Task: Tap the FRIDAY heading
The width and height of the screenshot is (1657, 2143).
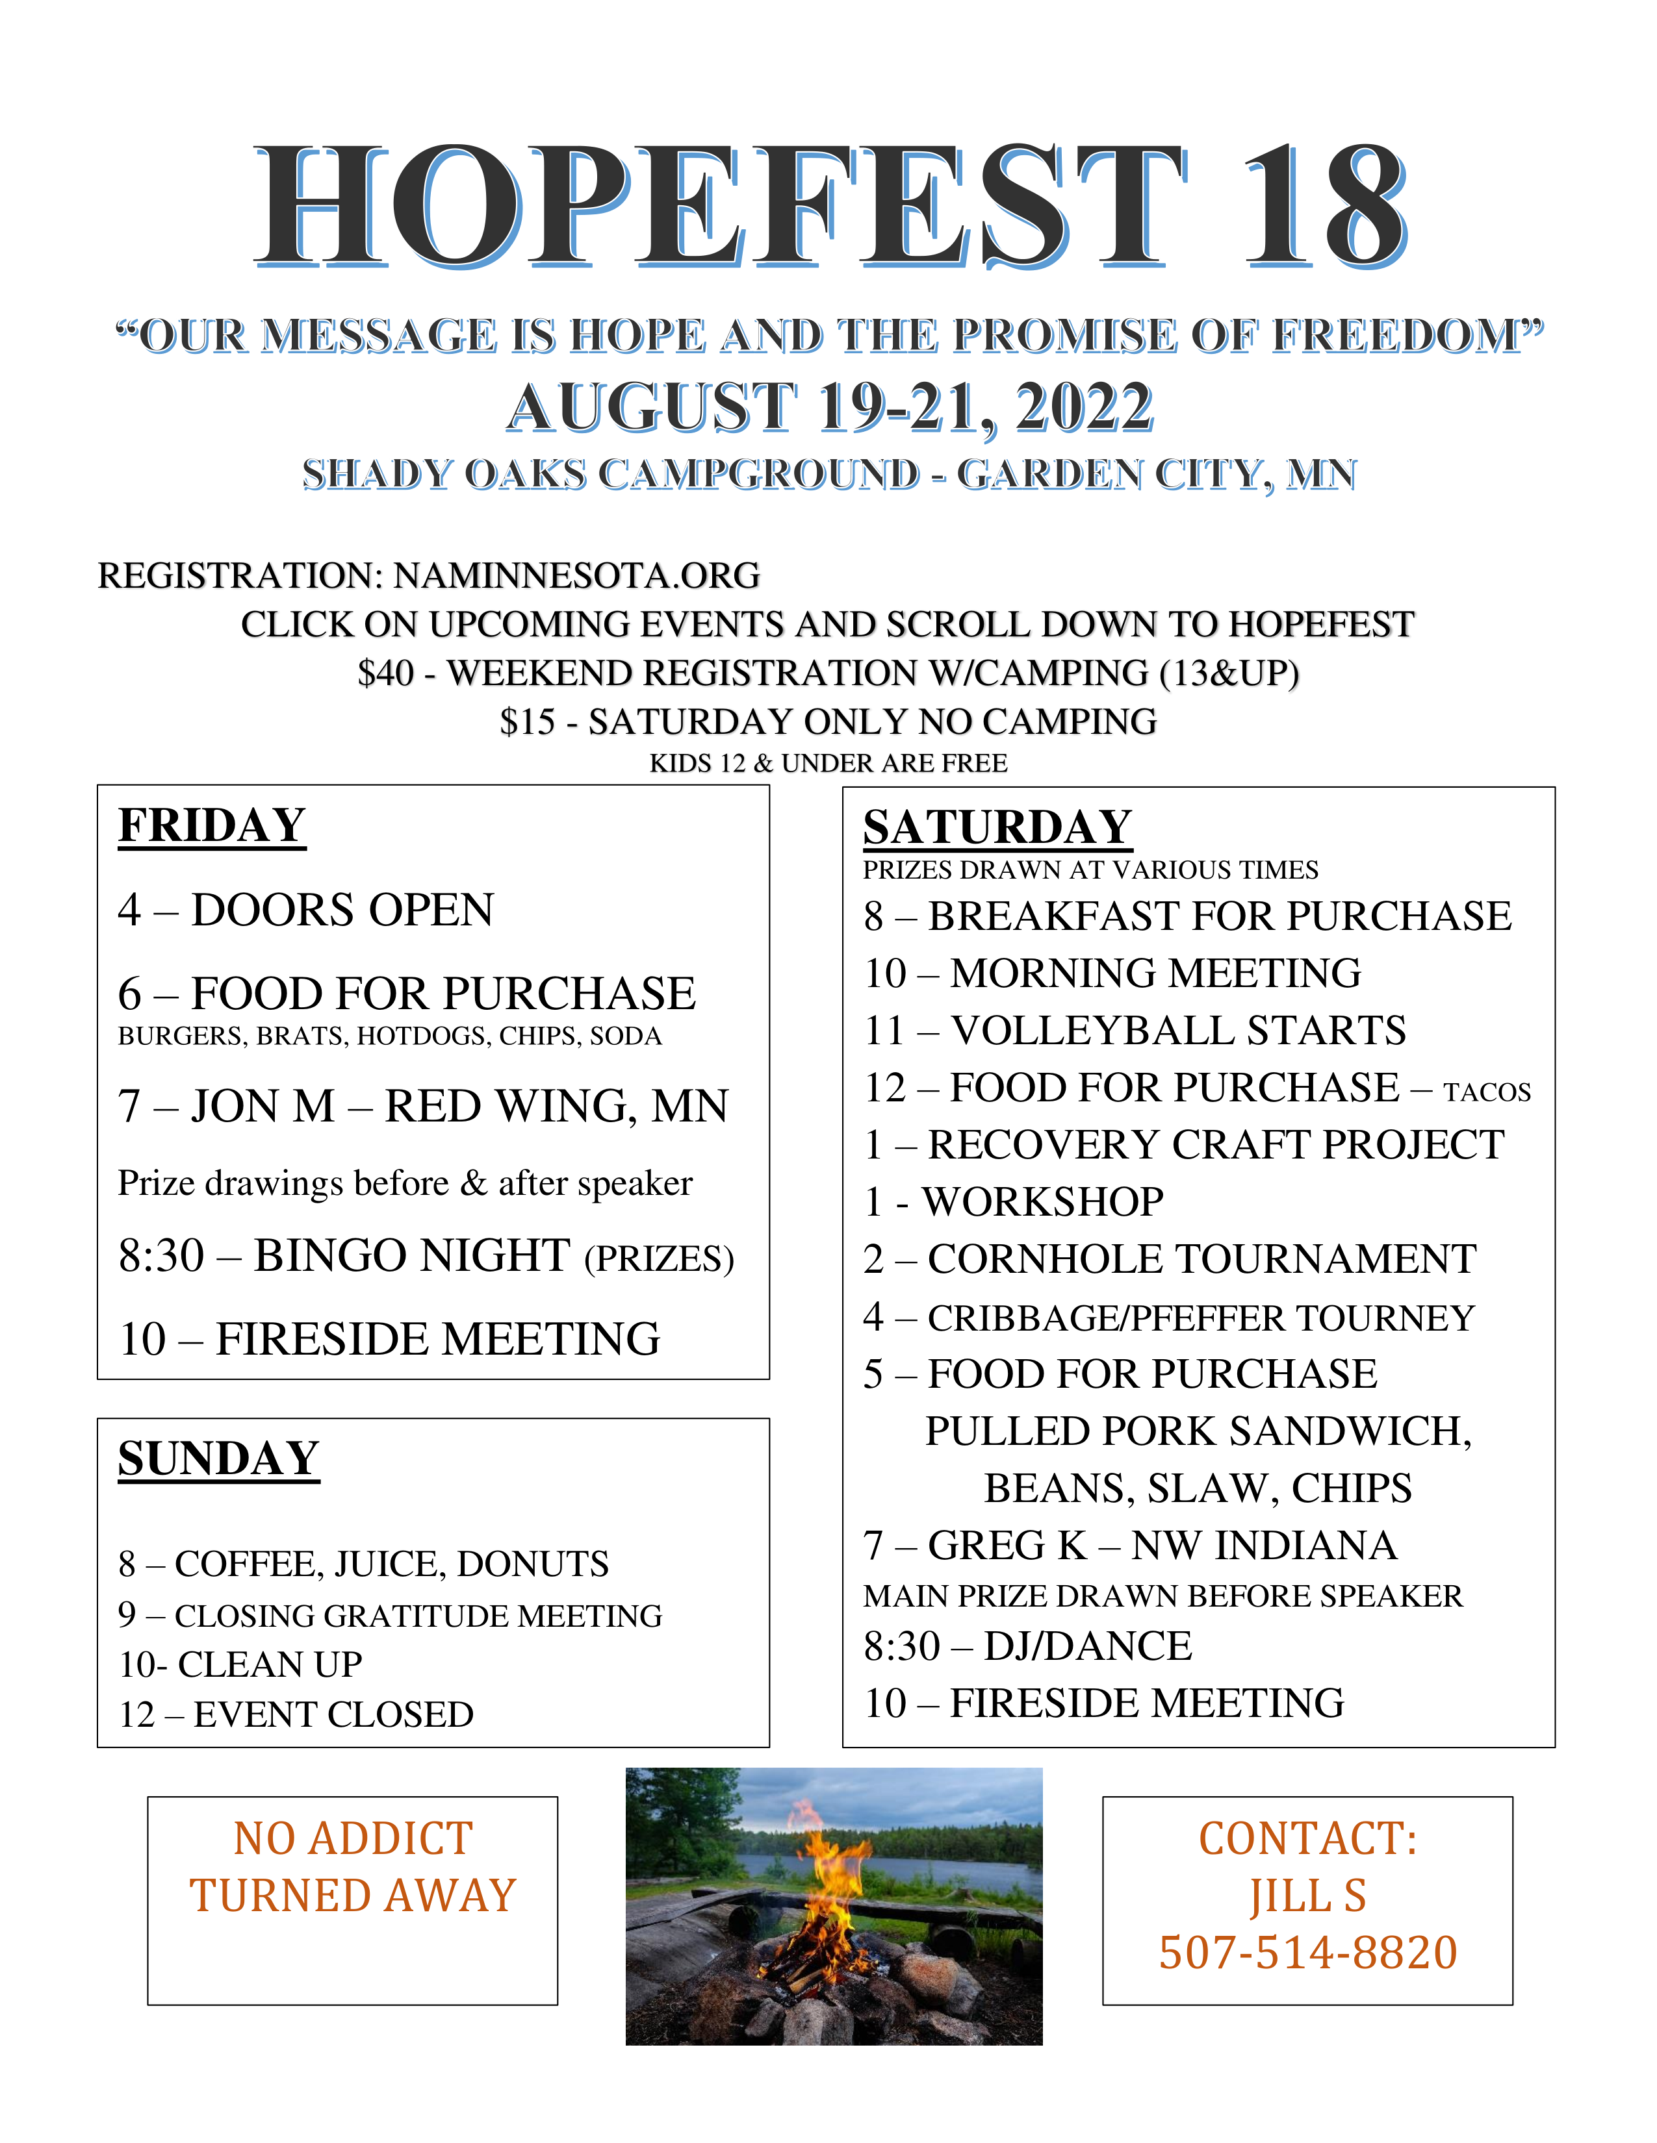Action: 211,825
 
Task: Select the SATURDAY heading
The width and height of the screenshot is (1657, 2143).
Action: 997,827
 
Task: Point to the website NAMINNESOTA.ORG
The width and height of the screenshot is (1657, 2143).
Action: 576,576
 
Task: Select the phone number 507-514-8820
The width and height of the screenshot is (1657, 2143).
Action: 1307,1953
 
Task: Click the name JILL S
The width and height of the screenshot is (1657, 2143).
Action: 1307,1896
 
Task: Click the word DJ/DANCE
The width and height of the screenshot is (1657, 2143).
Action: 1088,1646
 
